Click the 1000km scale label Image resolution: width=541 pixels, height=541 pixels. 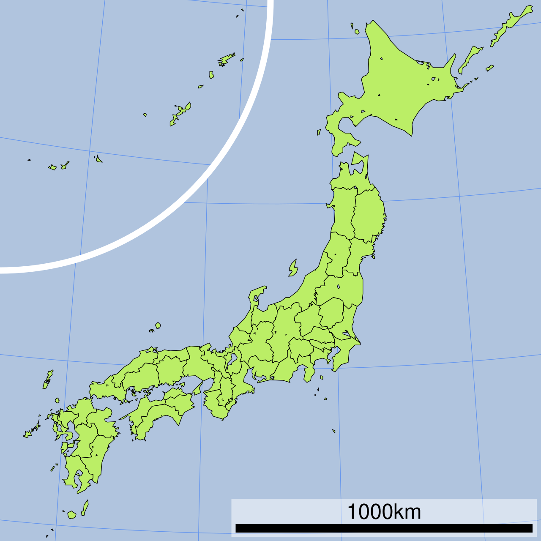[x=384, y=512]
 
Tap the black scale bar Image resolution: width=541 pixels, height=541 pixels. [x=384, y=528]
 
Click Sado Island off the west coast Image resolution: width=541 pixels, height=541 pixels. [x=293, y=268]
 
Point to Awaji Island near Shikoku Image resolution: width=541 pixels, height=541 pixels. [x=197, y=388]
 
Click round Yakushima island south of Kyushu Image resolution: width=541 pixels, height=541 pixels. [x=71, y=515]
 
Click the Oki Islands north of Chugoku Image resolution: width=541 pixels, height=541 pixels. [x=158, y=325]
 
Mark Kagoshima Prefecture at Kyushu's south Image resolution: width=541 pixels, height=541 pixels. [x=76, y=469]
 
